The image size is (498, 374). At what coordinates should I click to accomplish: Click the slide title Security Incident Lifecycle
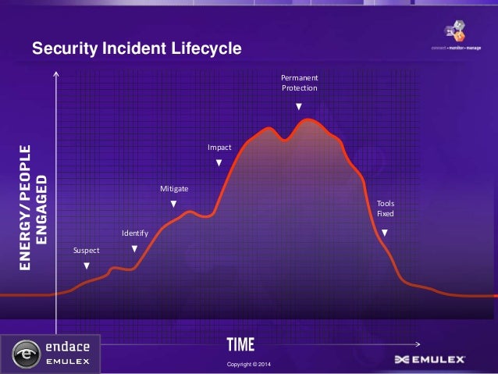tap(137, 49)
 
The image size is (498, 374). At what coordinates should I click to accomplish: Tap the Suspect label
tap(86, 251)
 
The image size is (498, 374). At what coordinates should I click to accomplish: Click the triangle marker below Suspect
tap(87, 266)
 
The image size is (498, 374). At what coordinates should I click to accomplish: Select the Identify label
tap(134, 233)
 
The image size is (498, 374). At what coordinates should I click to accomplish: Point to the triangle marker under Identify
tap(134, 249)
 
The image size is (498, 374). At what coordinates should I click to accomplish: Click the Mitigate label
tap(173, 189)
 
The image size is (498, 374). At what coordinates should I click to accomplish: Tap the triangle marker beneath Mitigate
tap(174, 204)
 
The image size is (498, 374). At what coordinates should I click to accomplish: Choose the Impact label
tap(219, 147)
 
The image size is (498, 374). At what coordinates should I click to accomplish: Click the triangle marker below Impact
tap(219, 162)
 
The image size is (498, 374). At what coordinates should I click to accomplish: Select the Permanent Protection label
tap(300, 83)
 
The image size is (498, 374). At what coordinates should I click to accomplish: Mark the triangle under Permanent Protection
tap(300, 105)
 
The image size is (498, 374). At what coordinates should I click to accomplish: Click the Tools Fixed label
tap(386, 208)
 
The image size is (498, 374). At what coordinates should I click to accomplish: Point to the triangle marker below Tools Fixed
tap(385, 233)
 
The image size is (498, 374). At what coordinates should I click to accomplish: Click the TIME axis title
tap(240, 344)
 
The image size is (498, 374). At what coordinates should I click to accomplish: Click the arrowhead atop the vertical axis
tap(57, 76)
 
